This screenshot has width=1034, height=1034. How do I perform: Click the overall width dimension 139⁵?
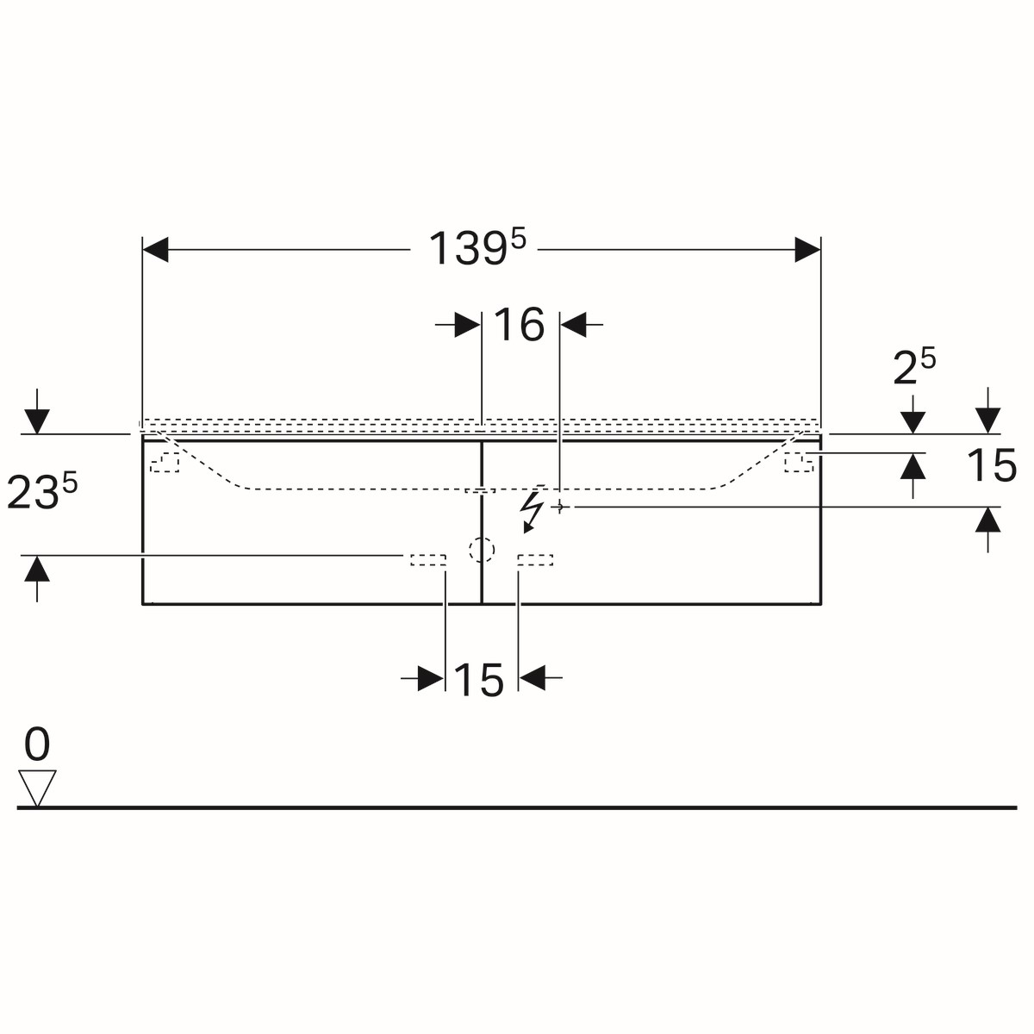(x=477, y=247)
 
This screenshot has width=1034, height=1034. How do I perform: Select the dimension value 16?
(x=519, y=325)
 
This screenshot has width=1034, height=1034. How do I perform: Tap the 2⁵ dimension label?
(x=914, y=366)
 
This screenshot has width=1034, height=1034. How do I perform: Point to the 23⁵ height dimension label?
(x=42, y=490)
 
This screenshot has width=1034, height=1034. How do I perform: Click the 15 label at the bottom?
(x=478, y=680)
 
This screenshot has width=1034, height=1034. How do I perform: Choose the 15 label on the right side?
(x=992, y=464)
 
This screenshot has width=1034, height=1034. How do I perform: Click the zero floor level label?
(x=37, y=744)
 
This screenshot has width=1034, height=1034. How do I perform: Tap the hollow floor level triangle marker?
(x=37, y=788)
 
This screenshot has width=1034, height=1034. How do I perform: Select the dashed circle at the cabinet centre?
(x=482, y=550)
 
